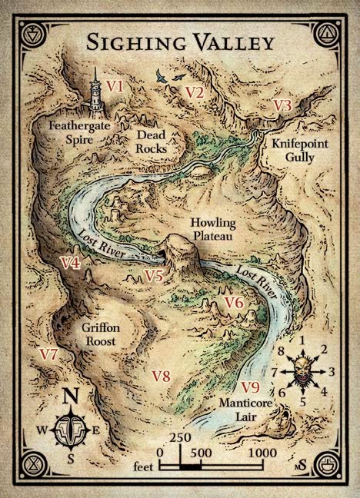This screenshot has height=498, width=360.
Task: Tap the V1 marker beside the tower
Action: [115, 87]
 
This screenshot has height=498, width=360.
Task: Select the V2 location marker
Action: [195, 93]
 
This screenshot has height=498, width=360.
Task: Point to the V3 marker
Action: [282, 105]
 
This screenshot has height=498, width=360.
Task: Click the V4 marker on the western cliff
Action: [71, 263]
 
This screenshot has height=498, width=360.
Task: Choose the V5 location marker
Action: [154, 276]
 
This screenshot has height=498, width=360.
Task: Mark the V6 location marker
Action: [234, 303]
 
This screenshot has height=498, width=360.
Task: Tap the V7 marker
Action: [48, 354]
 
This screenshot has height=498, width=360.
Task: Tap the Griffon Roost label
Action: [100, 334]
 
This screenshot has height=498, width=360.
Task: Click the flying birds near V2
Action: [170, 76]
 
